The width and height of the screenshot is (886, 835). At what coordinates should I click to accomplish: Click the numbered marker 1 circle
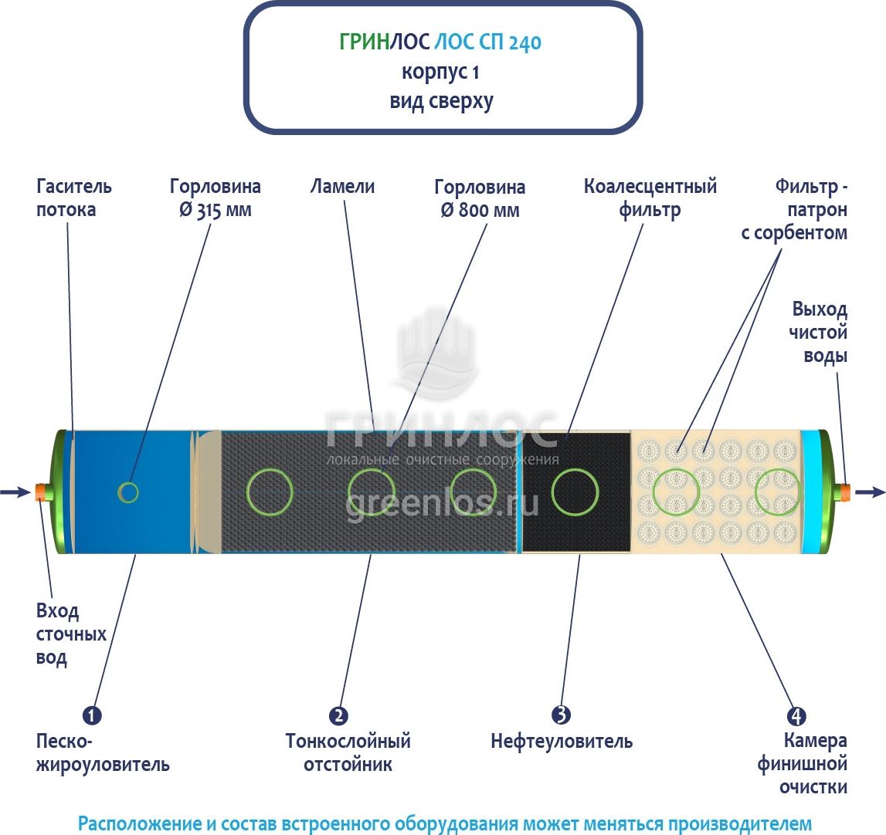coord(92,715)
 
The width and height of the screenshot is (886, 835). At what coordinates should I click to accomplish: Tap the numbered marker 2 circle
coord(338,715)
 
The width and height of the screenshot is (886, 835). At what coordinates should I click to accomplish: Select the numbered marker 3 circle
coord(561,715)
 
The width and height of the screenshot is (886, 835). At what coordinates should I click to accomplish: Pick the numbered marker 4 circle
coord(793,715)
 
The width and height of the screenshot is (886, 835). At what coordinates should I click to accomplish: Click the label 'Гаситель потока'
coord(74,198)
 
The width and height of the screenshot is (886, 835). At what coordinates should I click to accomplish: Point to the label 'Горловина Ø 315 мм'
coord(216,198)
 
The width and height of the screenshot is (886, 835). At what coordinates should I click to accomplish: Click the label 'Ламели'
coord(342,187)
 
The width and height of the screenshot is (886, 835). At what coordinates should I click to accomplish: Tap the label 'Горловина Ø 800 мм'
coord(480,198)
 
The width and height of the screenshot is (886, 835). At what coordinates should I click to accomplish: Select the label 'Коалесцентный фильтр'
coord(650,198)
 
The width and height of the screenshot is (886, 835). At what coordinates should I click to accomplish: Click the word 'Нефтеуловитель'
coord(562,742)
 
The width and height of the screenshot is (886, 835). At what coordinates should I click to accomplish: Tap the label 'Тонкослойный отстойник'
coord(348,752)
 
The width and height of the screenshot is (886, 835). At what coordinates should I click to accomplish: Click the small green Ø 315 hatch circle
coord(128,492)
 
